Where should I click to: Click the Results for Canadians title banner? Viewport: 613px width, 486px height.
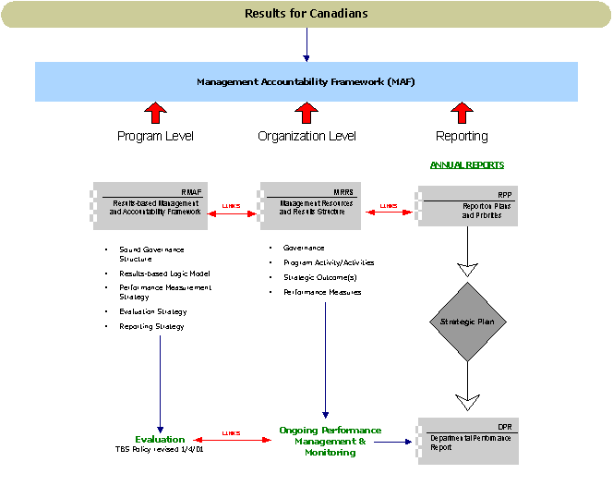(306, 14)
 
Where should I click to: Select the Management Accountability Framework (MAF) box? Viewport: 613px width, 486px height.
(306, 82)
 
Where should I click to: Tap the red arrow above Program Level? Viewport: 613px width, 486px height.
(155, 114)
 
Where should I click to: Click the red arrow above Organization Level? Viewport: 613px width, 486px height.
(306, 114)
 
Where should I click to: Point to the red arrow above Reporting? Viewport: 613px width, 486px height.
(461, 114)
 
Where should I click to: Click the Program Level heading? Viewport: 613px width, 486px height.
(155, 137)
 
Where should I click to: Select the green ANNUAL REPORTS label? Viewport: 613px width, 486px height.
(466, 164)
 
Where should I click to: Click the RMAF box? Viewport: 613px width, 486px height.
(149, 204)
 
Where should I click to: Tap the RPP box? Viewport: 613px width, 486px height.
(468, 205)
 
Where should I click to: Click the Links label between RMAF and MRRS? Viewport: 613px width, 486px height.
(230, 206)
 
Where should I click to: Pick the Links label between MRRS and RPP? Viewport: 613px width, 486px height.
(388, 206)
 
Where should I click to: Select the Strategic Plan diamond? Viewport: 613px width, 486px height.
(468, 322)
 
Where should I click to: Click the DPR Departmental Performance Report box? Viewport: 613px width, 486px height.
(468, 440)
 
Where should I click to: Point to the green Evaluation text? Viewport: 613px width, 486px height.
(160, 439)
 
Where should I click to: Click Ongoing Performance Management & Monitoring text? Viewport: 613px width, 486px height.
(330, 441)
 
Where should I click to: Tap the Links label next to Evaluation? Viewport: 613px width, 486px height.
(231, 432)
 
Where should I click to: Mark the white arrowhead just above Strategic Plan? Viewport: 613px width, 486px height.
(468, 269)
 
